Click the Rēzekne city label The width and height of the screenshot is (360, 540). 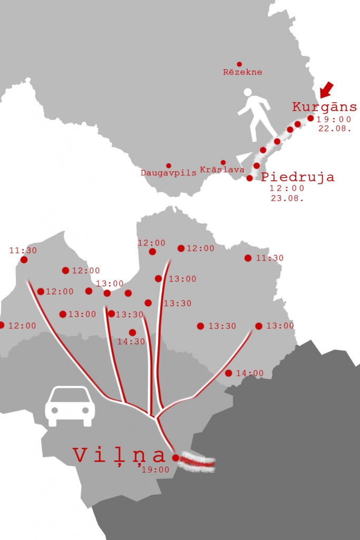click(242, 72)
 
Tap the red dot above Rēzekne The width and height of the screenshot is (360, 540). click(239, 64)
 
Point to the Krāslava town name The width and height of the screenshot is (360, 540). click(222, 170)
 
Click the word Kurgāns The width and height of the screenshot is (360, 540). click(324, 107)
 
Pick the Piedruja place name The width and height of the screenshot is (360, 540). click(298, 177)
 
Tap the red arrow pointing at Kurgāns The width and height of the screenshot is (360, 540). click(327, 89)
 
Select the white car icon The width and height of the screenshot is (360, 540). click(70, 406)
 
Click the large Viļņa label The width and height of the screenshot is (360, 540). click(120, 455)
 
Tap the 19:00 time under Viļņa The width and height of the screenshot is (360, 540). click(155, 470)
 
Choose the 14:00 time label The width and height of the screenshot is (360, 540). click(250, 373)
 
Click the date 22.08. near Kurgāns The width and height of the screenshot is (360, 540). click(335, 128)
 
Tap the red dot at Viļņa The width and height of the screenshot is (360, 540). click(176, 458)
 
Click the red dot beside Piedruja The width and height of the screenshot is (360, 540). click(250, 178)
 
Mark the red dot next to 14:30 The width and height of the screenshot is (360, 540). click(132, 332)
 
